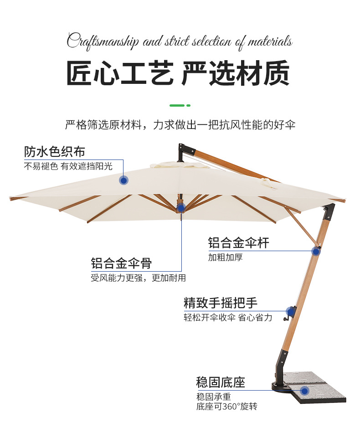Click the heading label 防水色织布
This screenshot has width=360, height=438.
[x=54, y=151]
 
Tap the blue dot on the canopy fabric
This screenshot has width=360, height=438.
[x=123, y=180]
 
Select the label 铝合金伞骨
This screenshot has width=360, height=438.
[x=121, y=263]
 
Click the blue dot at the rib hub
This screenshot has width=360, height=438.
[x=181, y=208]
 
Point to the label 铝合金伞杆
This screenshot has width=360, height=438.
[x=238, y=242]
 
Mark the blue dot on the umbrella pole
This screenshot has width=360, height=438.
[x=315, y=251]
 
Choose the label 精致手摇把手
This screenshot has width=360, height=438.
[x=220, y=303]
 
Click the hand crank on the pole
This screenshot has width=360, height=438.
[x=289, y=312]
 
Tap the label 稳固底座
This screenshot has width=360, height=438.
[x=220, y=382]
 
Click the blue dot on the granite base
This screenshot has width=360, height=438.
[x=304, y=390]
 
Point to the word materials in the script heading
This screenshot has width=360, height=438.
[x=270, y=41]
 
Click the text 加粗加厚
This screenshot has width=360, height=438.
[x=225, y=257]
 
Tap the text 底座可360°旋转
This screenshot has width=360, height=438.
[x=230, y=407]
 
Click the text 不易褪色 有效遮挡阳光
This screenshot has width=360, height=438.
[x=68, y=166]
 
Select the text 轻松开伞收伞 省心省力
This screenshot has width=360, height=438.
[x=228, y=318]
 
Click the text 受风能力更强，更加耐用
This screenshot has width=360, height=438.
[x=138, y=278]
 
